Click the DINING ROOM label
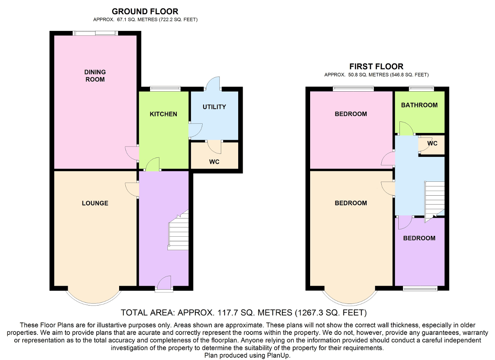pyautogui.click(x=95, y=76)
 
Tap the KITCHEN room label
pyautogui.click(x=163, y=114)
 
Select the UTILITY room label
pyautogui.click(x=214, y=107)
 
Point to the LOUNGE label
pyautogui.click(x=95, y=203)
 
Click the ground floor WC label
pyautogui.click(x=214, y=162)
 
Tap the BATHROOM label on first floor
pyautogui.click(x=419, y=105)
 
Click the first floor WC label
pyautogui.click(x=432, y=143)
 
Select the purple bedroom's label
pyautogui.click(x=419, y=238)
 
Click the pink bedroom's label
pyautogui.click(x=351, y=114)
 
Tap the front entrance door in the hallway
pyautogui.click(x=164, y=283)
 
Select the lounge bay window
pyautogui.click(x=94, y=298)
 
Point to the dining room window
pyautogui.click(x=95, y=33)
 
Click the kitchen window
pyautogui.click(x=166, y=89)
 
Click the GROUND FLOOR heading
pyautogui.click(x=145, y=12)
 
